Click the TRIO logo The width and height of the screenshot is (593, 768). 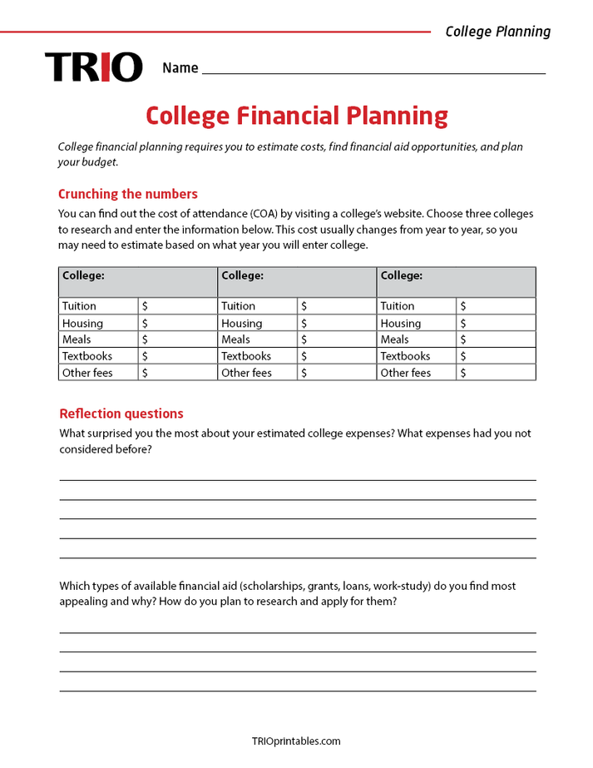pyautogui.click(x=93, y=67)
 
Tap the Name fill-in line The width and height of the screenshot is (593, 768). pyautogui.click(x=373, y=72)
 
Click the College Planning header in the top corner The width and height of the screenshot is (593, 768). pyautogui.click(x=497, y=32)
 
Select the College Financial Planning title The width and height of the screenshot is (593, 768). pyautogui.click(x=296, y=116)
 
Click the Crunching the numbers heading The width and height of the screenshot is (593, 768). pyautogui.click(x=127, y=194)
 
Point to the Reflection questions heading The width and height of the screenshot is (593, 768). pyautogui.click(x=121, y=414)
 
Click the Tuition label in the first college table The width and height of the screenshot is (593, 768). pyautogui.click(x=79, y=306)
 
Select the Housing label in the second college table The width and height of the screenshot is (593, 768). pyautogui.click(x=241, y=323)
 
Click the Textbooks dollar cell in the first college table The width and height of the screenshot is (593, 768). pyautogui.click(x=177, y=356)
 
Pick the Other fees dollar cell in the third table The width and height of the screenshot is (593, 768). pyautogui.click(x=496, y=373)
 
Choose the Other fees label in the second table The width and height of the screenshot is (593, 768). pyautogui.click(x=246, y=373)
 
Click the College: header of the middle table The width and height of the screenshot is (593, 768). pyautogui.click(x=242, y=275)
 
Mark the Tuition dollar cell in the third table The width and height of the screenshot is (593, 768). pyautogui.click(x=496, y=306)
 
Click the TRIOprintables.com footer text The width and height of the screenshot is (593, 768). pyautogui.click(x=296, y=741)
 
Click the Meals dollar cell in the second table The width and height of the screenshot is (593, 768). pyautogui.click(x=337, y=339)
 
